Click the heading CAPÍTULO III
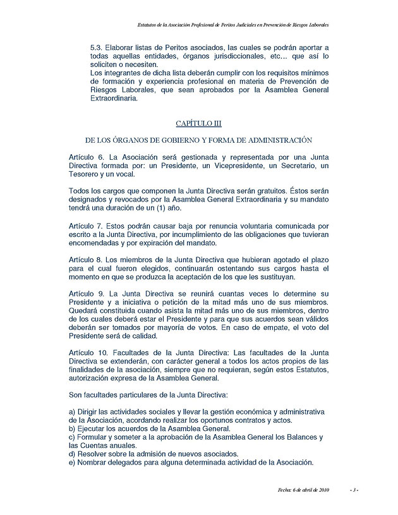[x=198, y=123]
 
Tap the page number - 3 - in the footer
[x=354, y=490]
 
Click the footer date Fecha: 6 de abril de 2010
[x=304, y=490]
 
